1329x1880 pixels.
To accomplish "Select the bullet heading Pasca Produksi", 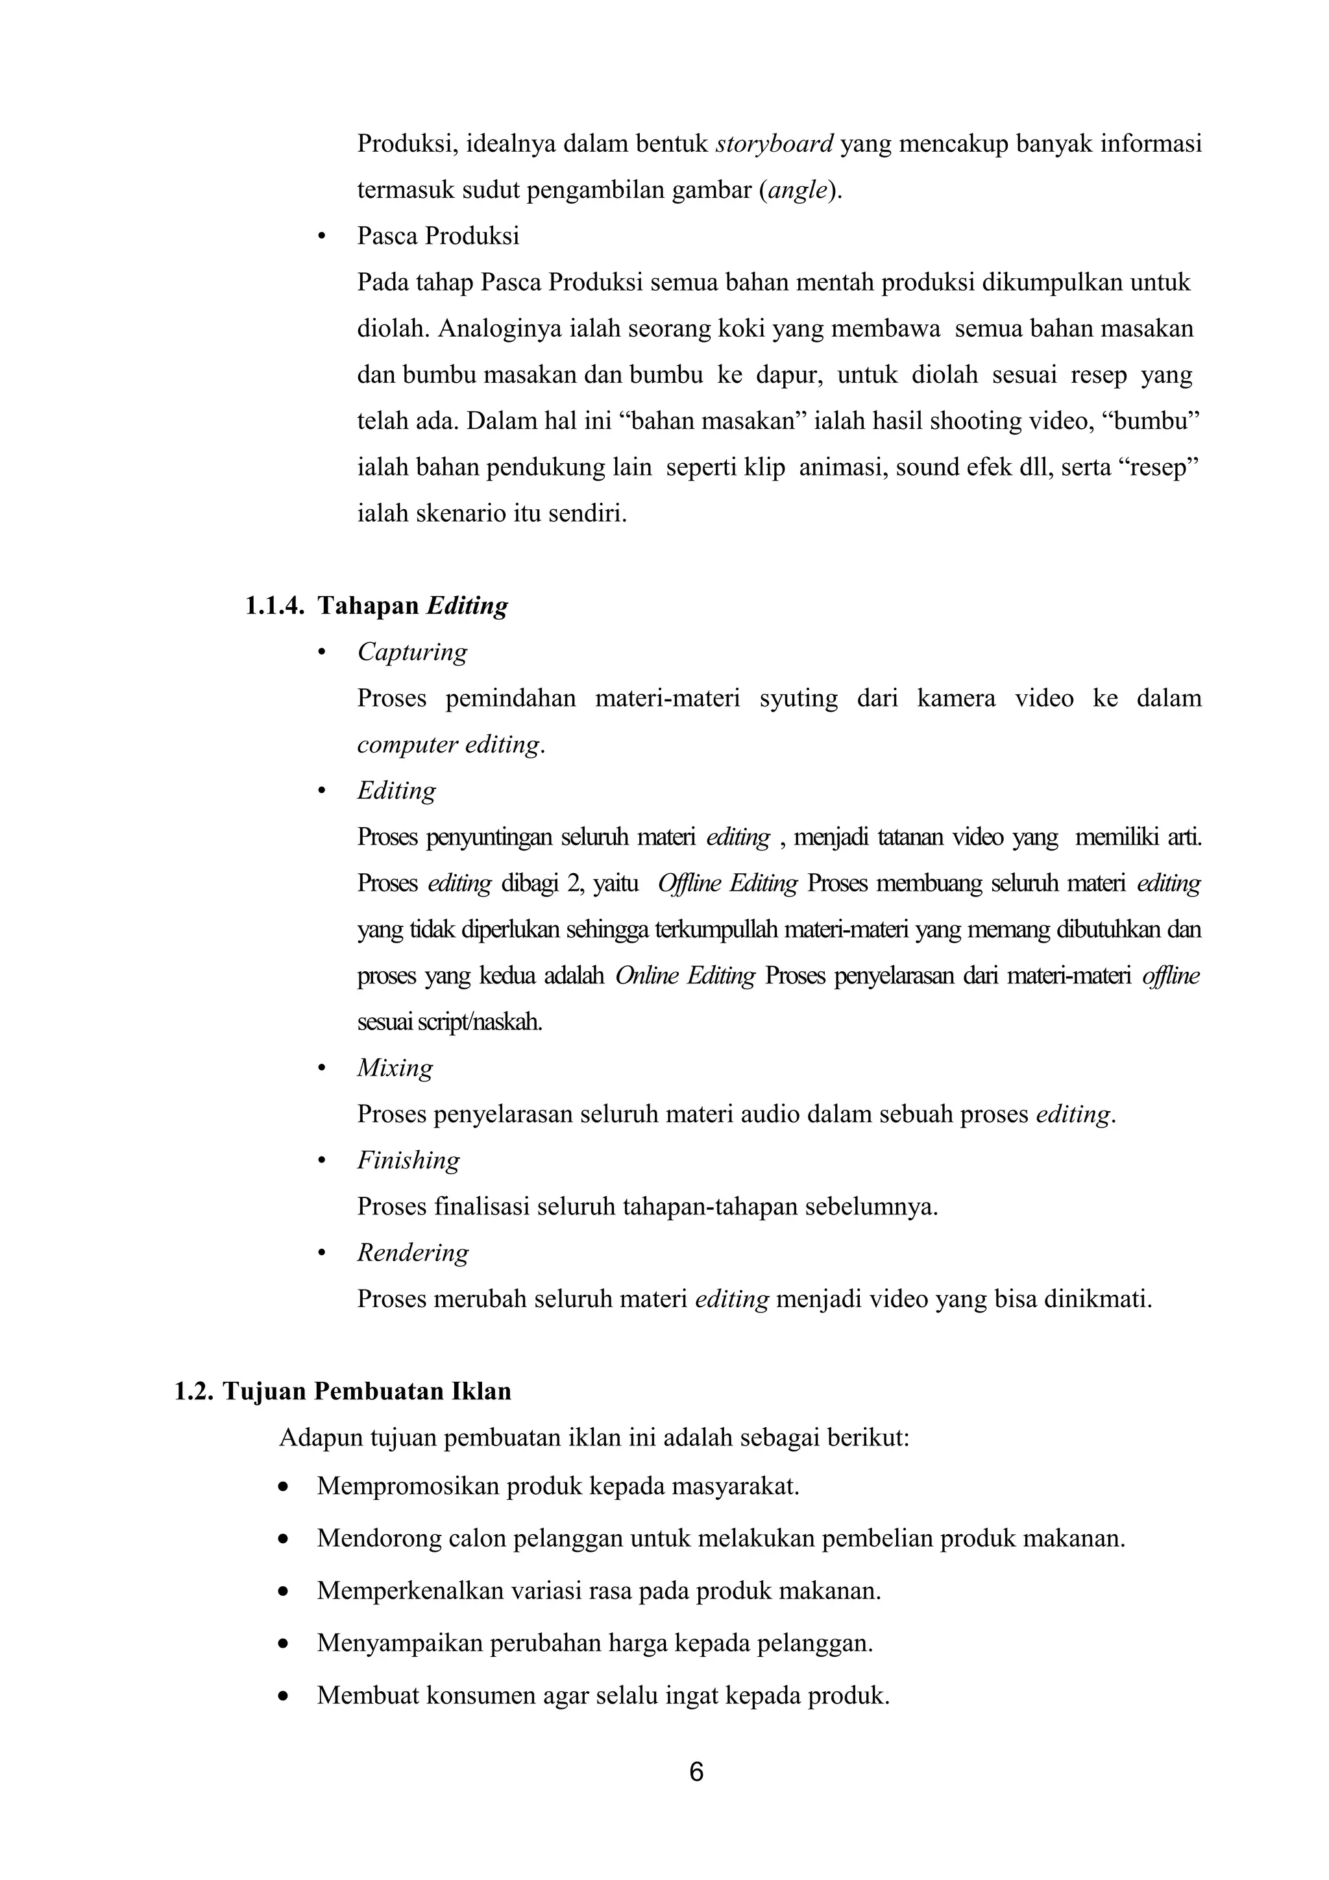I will click(438, 237).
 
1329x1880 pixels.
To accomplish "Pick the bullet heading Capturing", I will click(412, 652).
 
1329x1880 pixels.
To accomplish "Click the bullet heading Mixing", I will click(395, 1068).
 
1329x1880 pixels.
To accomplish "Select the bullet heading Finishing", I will click(408, 1161).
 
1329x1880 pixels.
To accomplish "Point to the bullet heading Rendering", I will click(413, 1253).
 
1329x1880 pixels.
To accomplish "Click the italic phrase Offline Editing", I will click(727, 884).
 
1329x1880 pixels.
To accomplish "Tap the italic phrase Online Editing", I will click(685, 976).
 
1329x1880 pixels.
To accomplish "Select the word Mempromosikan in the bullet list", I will click(407, 1486).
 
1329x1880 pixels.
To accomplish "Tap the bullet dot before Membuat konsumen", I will click(284, 1696).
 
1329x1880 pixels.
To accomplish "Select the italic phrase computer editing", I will click(450, 745).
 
